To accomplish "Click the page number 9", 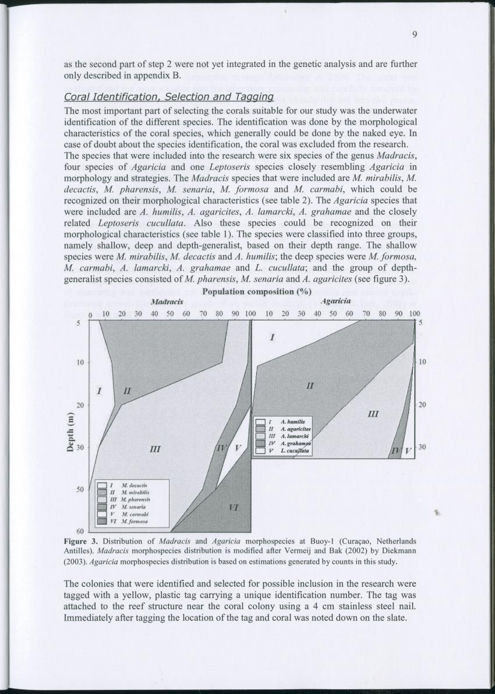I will [x=414, y=34].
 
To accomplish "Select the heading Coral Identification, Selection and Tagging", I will [x=168, y=96].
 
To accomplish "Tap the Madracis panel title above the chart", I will [x=168, y=302].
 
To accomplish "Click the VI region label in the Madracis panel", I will [x=234, y=507].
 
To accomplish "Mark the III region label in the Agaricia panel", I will [x=374, y=414].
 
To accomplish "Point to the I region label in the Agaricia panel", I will [x=271, y=337].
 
